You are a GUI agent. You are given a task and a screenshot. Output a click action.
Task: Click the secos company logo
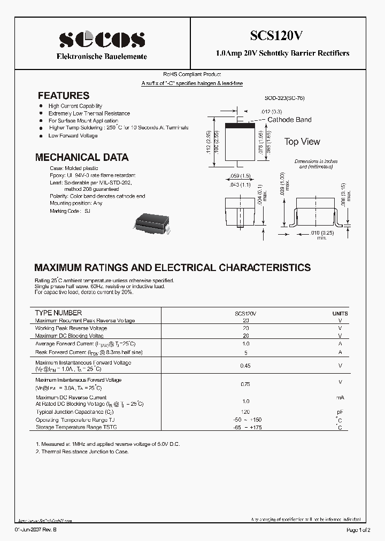point(102,40)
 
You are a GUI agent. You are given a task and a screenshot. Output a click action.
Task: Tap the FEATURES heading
point(63,96)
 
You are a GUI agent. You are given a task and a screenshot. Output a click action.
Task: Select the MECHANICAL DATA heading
point(81,158)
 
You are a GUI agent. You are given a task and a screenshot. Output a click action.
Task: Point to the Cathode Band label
point(289,120)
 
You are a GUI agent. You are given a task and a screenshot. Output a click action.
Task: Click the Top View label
point(302,142)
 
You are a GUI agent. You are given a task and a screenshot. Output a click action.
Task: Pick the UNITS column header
point(340,313)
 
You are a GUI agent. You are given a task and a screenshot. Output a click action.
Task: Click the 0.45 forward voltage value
point(246,366)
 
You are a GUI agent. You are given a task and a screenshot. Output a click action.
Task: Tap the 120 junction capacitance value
point(246,412)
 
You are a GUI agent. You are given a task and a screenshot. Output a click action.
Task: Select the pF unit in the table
point(340,412)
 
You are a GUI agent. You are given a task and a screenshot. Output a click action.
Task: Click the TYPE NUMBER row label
point(58,313)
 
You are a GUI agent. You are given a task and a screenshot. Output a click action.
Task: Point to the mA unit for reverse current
point(340,398)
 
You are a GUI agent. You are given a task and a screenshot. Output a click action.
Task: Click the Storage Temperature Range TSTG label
point(76,427)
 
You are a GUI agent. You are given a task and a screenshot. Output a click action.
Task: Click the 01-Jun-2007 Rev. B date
point(36,530)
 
